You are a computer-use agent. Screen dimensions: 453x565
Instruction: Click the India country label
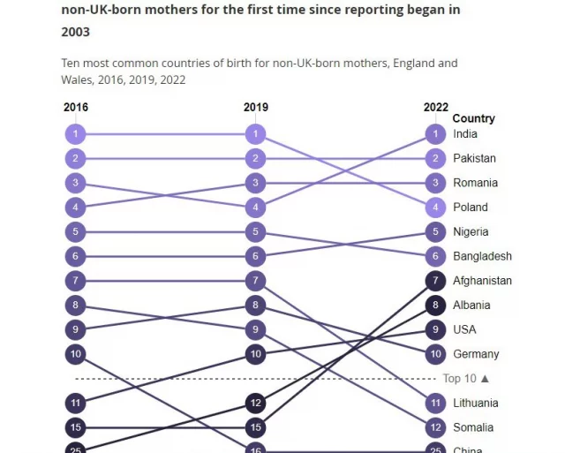click(464, 134)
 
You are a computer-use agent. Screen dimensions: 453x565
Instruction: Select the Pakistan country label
click(474, 159)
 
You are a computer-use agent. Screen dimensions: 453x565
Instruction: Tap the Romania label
click(475, 183)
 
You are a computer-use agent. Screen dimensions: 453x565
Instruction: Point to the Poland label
click(471, 208)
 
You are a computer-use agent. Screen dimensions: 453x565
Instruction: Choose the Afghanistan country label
click(482, 281)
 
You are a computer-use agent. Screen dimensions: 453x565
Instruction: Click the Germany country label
click(476, 354)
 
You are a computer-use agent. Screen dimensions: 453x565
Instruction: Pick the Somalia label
click(474, 427)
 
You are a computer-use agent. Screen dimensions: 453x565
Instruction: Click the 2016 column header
click(76, 108)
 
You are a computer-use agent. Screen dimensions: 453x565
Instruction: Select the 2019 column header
click(255, 108)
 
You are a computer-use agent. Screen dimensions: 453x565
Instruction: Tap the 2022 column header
click(435, 108)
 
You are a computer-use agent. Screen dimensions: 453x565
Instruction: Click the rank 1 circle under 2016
click(76, 134)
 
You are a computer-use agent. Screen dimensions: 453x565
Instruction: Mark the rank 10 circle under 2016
click(76, 354)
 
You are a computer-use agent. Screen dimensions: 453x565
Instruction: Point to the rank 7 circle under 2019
click(255, 281)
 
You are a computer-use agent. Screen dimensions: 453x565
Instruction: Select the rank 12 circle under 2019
click(255, 403)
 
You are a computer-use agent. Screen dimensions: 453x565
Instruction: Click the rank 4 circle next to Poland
click(435, 208)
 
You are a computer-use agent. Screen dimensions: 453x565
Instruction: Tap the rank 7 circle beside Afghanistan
click(435, 281)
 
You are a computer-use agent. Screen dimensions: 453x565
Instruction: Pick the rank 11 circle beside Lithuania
click(435, 403)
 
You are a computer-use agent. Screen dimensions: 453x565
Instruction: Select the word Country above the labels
click(473, 118)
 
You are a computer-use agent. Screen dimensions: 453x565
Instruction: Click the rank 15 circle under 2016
click(76, 427)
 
